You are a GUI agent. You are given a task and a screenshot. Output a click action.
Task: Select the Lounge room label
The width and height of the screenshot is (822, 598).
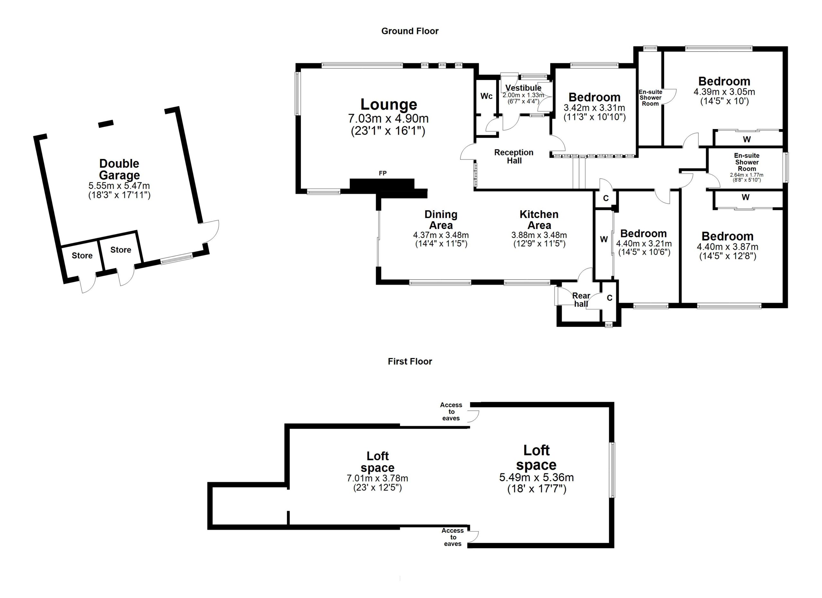click(x=389, y=104)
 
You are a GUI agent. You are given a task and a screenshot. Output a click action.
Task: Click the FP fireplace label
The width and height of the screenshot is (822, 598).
click(x=382, y=173)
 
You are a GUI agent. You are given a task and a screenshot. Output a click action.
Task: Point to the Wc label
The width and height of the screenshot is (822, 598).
click(x=486, y=96)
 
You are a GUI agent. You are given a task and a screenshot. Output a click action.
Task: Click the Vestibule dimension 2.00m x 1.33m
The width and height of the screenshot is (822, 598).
click(x=523, y=95)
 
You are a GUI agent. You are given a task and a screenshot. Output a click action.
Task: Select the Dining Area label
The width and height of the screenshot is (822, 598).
click(x=441, y=220)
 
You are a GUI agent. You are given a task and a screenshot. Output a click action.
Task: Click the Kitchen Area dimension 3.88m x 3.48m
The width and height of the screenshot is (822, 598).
click(x=539, y=235)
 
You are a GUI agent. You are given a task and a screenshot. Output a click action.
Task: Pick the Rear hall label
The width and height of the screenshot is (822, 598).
click(x=581, y=300)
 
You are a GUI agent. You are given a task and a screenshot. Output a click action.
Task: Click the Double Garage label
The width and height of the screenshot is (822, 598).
click(x=119, y=169)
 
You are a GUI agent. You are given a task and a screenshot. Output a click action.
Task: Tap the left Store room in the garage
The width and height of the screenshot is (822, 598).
click(x=82, y=256)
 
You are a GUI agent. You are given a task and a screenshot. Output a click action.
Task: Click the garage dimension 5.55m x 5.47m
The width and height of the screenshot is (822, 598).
click(x=119, y=186)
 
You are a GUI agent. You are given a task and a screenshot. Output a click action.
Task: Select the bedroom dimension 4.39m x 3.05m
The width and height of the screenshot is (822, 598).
click(x=724, y=92)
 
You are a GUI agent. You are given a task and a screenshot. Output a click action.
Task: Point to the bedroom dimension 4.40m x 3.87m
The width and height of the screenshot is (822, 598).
click(x=727, y=247)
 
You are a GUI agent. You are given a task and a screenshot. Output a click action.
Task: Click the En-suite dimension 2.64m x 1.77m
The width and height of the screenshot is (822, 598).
click(x=747, y=175)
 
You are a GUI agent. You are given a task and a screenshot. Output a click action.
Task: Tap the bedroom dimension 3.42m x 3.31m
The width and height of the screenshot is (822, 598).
click(x=594, y=108)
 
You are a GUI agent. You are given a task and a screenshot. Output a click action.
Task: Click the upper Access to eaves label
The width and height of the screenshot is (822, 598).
click(x=451, y=411)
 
